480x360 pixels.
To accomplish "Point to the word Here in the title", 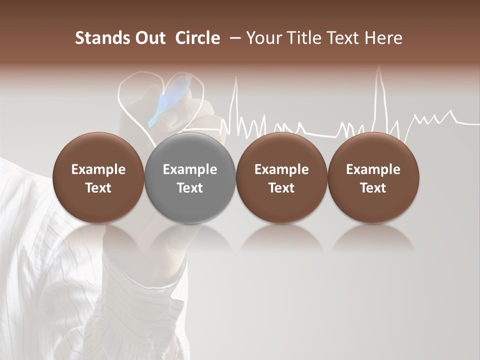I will [x=383, y=38].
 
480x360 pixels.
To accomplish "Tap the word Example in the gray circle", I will [x=190, y=169].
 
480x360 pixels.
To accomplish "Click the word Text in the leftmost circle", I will [x=98, y=188].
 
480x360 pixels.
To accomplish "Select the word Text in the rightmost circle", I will [x=373, y=188].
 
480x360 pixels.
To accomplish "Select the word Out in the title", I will [x=149, y=38].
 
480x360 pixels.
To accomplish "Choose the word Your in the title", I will [x=261, y=38].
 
